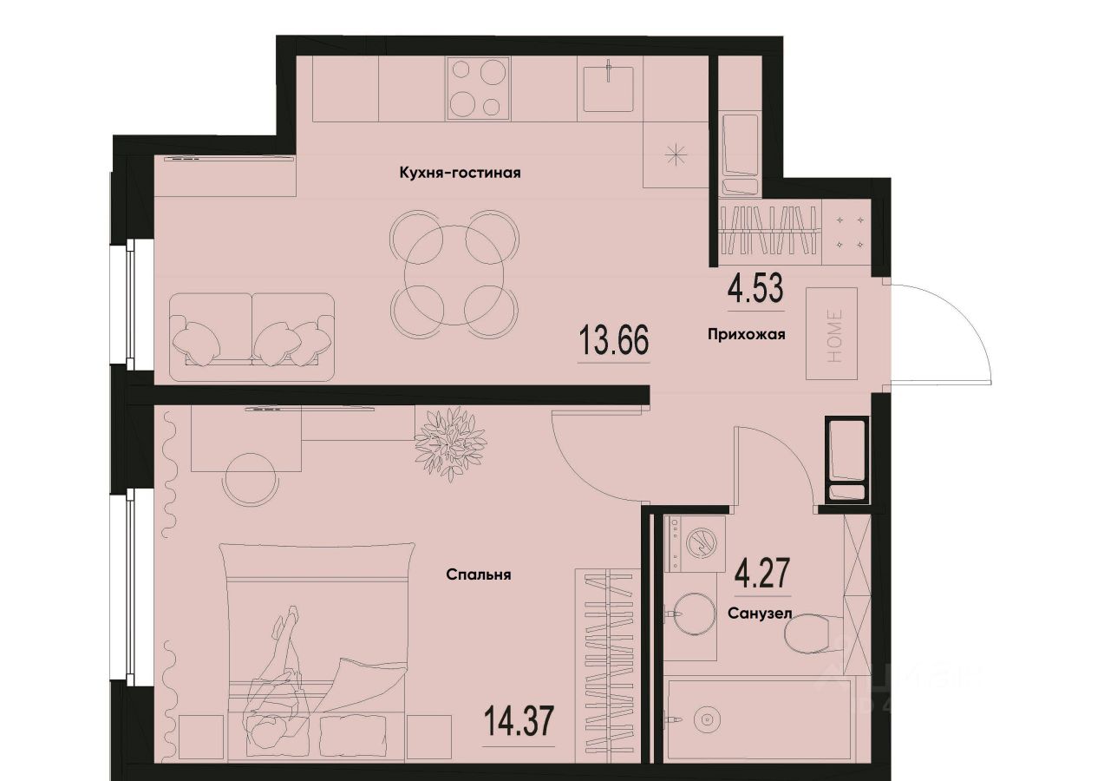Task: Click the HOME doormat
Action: tap(831, 334)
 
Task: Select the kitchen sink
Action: tap(607, 87)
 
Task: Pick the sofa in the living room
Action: tap(252, 338)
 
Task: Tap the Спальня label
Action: tap(478, 574)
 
